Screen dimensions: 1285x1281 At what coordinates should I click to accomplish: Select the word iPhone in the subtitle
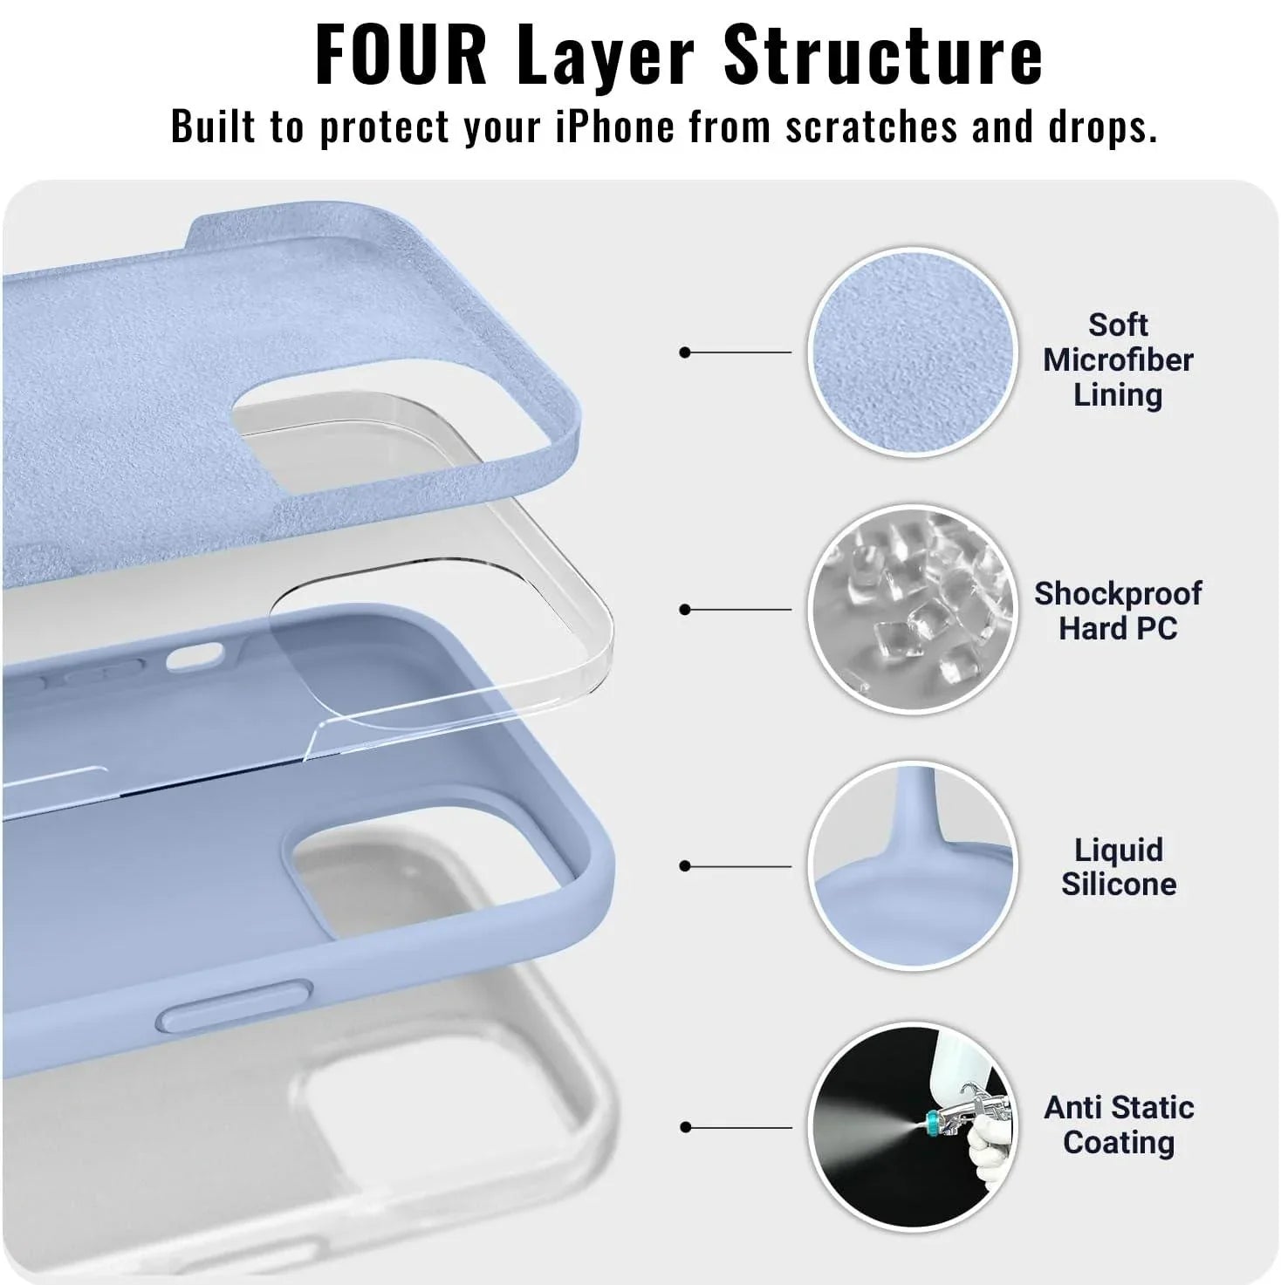tap(615, 126)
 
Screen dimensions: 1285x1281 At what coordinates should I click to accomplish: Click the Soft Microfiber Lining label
tap(1118, 359)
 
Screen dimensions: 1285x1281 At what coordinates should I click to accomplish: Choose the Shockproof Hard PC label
tap(1118, 611)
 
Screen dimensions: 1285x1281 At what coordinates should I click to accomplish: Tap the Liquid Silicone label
tap(1118, 866)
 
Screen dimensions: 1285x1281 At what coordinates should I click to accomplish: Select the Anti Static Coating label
tap(1119, 1124)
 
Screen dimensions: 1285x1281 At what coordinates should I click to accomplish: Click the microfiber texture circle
tap(912, 352)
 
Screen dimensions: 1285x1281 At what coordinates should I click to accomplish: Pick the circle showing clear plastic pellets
tap(912, 609)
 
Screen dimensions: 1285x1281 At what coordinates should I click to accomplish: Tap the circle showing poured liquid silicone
tap(912, 865)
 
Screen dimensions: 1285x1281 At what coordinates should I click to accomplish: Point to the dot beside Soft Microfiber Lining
tap(685, 352)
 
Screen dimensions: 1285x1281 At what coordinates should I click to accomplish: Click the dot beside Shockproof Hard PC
tap(685, 609)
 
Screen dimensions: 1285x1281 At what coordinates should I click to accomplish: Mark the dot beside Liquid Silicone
tap(685, 866)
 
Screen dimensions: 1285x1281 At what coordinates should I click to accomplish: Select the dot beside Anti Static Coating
tap(685, 1127)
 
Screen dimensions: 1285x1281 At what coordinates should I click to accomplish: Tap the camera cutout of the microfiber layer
tap(366, 436)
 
